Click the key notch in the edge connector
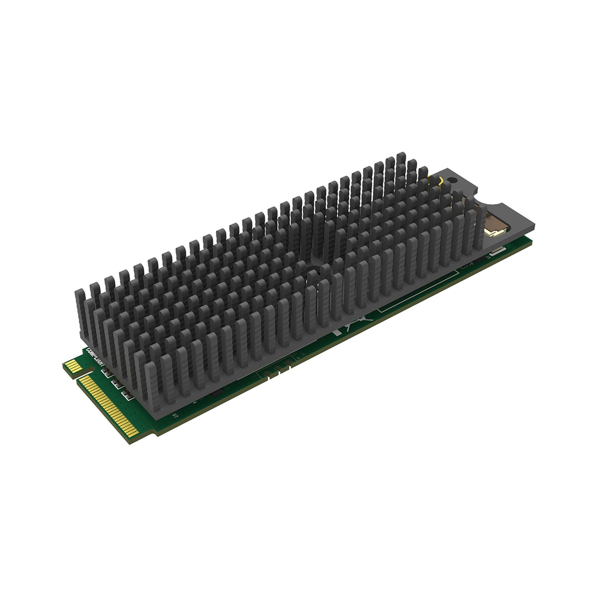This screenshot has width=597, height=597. [x=77, y=378]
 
